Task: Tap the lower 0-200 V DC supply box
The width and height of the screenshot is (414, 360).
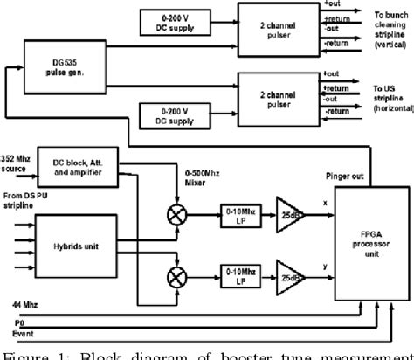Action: pyautogui.click(x=176, y=119)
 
